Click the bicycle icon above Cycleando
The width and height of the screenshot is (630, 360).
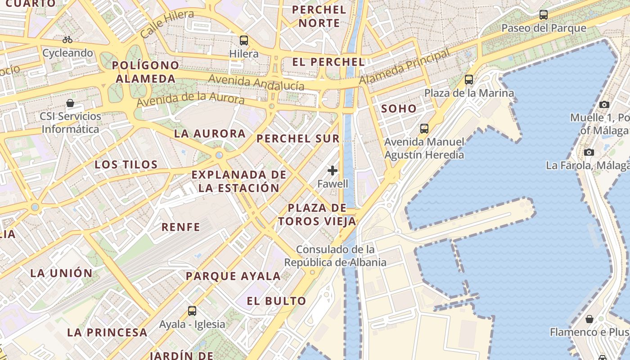coord(67,40)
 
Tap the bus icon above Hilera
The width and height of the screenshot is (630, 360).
coord(244,40)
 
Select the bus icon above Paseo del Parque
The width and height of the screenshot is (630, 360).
coord(544,15)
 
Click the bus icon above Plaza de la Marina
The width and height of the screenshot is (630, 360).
coord(469,80)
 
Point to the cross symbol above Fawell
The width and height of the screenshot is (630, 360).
coord(333,171)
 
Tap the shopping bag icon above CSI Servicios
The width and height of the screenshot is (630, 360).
coord(70,103)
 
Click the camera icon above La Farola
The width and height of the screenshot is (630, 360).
coord(589,152)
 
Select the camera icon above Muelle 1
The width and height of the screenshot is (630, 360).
coord(604,104)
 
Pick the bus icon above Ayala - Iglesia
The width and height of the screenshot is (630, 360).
coord(192,310)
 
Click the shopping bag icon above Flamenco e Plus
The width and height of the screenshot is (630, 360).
coord(589,319)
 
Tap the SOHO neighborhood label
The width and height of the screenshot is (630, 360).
coord(399,108)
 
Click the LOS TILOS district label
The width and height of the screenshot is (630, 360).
coord(126,164)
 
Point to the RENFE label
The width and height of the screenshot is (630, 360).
coord(181,227)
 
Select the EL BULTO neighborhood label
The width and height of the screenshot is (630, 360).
coord(276,301)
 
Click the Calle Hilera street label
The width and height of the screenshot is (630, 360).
coord(167,24)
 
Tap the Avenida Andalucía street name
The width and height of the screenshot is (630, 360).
coord(256,83)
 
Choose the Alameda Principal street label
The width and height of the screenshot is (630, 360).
coord(405,67)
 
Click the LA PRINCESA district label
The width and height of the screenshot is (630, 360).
coord(107,333)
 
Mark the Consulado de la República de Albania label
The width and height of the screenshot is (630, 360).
coord(335,256)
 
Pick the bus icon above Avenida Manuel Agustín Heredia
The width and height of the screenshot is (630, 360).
coord(424,129)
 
